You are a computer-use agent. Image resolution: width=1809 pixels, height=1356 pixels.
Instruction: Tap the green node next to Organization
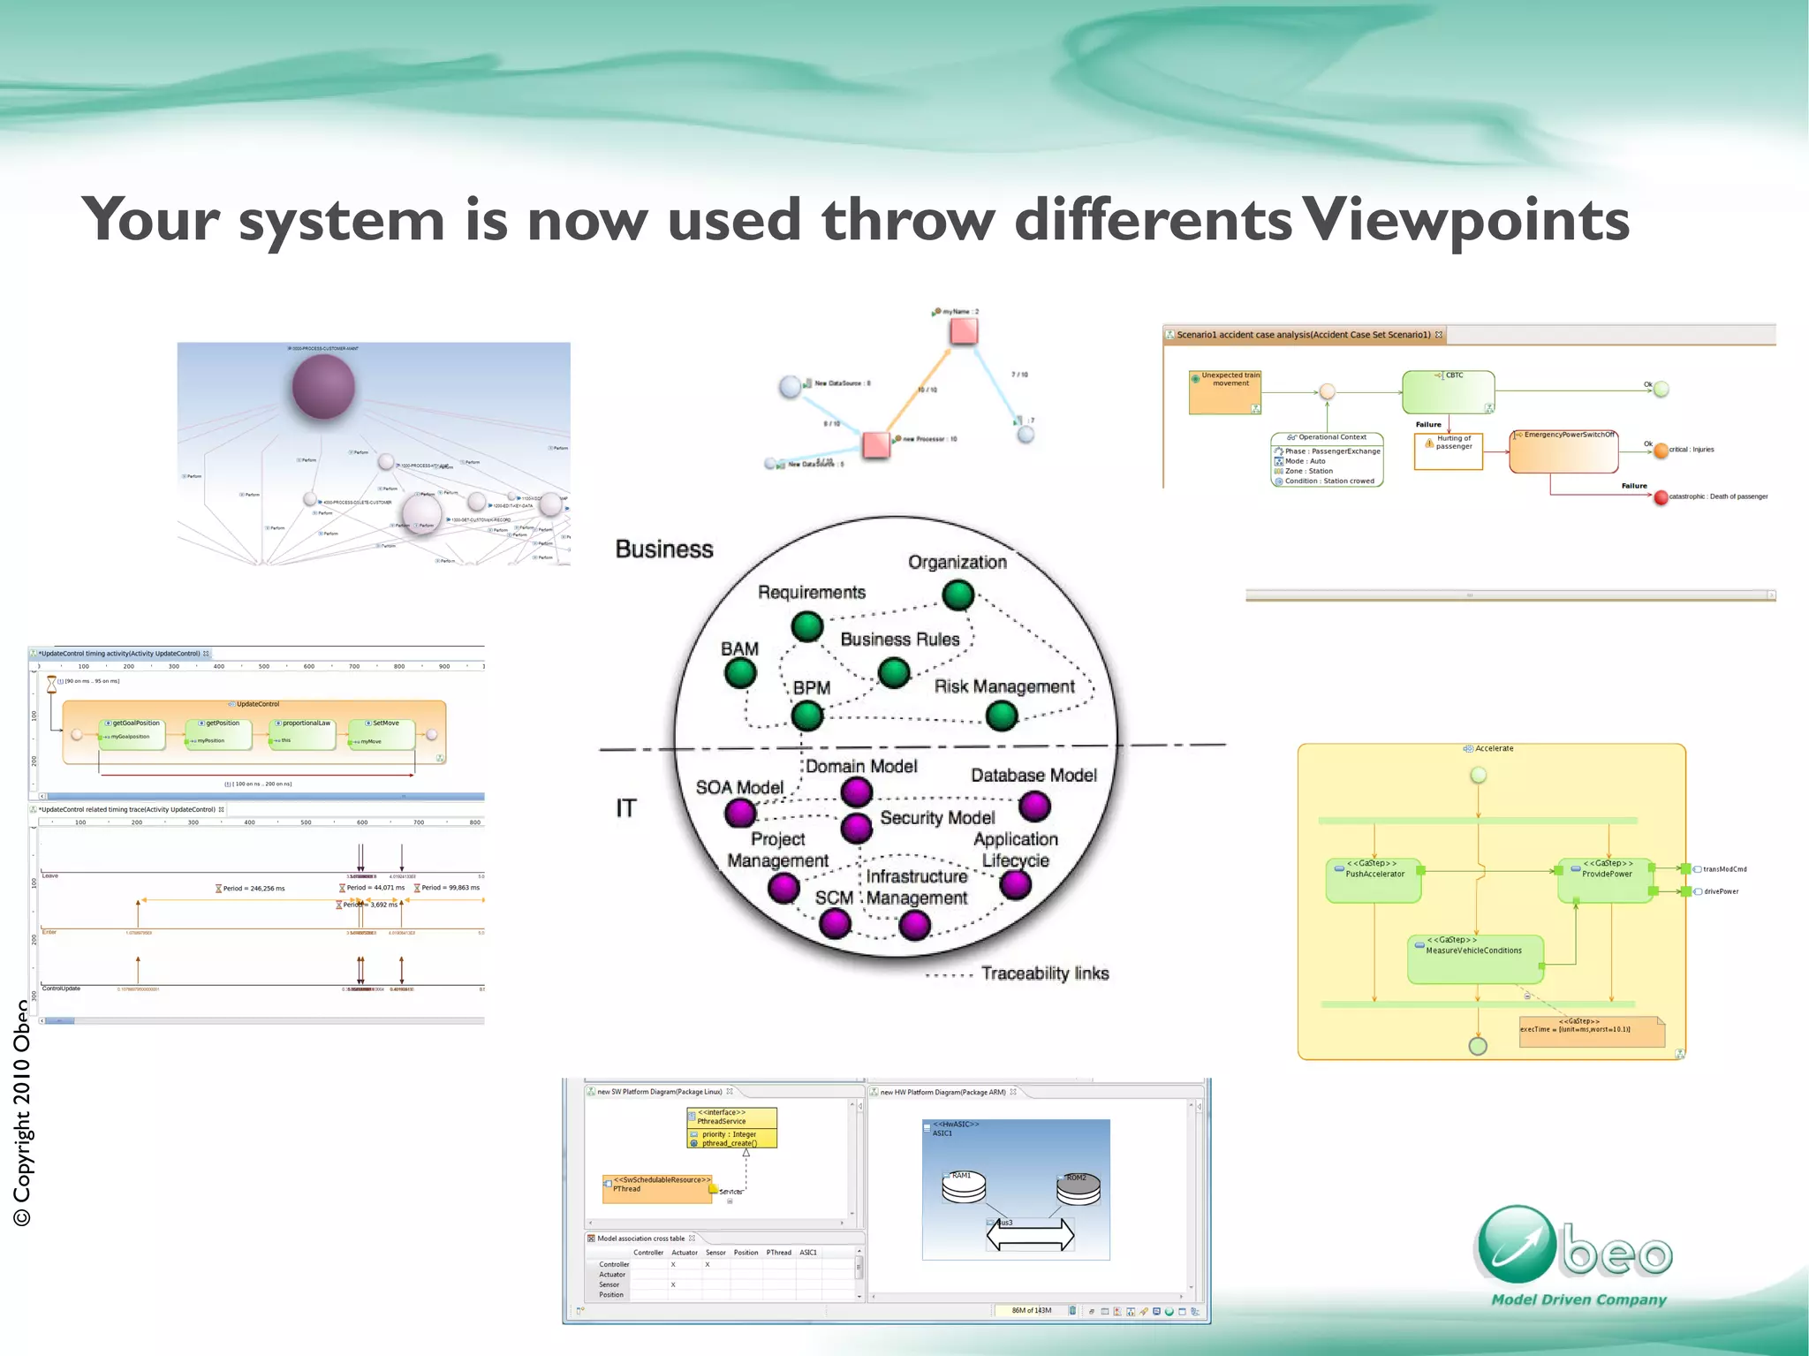pyautogui.click(x=957, y=595)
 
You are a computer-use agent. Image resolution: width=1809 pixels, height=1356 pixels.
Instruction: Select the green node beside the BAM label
pyautogui.click(x=740, y=673)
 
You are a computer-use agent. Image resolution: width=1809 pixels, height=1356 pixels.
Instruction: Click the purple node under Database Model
pyautogui.click(x=1034, y=806)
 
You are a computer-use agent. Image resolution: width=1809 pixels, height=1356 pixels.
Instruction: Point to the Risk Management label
pyautogui.click(x=1004, y=686)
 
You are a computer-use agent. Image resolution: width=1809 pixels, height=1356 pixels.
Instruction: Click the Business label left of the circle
pyautogui.click(x=664, y=549)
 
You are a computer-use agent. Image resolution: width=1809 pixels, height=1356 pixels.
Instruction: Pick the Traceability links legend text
pyautogui.click(x=1045, y=973)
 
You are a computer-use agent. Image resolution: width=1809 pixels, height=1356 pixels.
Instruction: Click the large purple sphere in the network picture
pyautogui.click(x=323, y=387)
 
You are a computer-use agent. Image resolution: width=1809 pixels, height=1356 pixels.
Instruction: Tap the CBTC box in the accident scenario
pyautogui.click(x=1448, y=392)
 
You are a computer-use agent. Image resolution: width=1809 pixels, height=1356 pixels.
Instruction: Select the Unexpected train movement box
pyautogui.click(x=1225, y=392)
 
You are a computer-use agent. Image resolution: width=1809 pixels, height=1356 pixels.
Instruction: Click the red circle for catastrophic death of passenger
pyautogui.click(x=1661, y=497)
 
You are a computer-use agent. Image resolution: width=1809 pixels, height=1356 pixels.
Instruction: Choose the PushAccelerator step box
pyautogui.click(x=1374, y=880)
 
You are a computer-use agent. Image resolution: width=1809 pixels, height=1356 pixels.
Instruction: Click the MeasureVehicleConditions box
pyautogui.click(x=1475, y=959)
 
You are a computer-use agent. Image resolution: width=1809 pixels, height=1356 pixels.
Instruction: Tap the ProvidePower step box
pyautogui.click(x=1605, y=880)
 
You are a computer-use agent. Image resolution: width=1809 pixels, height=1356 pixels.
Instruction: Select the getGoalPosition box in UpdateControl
pyautogui.click(x=132, y=733)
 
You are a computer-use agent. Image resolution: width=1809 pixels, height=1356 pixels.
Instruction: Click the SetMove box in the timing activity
pyautogui.click(x=382, y=733)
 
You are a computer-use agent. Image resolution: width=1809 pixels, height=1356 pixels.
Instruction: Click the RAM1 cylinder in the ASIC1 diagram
pyautogui.click(x=963, y=1187)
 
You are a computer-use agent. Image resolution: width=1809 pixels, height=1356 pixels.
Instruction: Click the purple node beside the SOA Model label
pyautogui.click(x=740, y=812)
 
